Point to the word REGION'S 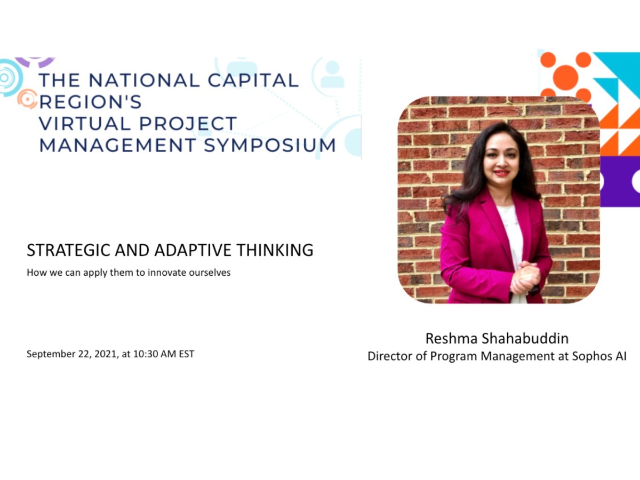pos(91,102)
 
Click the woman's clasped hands pos(525,277)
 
